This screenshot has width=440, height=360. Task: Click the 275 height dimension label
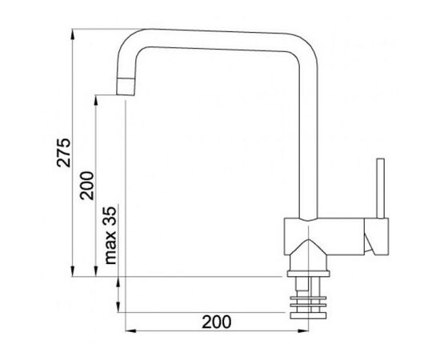pyautogui.click(x=64, y=153)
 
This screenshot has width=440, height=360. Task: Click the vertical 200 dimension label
pyautogui.click(x=86, y=186)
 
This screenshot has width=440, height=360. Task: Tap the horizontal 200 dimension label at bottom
pyautogui.click(x=217, y=322)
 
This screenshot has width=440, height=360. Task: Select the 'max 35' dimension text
pyautogui.click(x=110, y=235)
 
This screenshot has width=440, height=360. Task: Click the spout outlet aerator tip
pyautogui.click(x=126, y=86)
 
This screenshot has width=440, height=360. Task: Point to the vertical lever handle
pyautogui.click(x=381, y=188)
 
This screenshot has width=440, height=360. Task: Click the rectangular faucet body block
pyautogui.click(x=324, y=237)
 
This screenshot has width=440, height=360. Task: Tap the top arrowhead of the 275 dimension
pyautogui.click(x=73, y=34)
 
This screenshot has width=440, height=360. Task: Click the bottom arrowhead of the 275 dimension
pyautogui.click(x=73, y=271)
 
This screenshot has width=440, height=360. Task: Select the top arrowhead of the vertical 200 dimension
pyautogui.click(x=96, y=101)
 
